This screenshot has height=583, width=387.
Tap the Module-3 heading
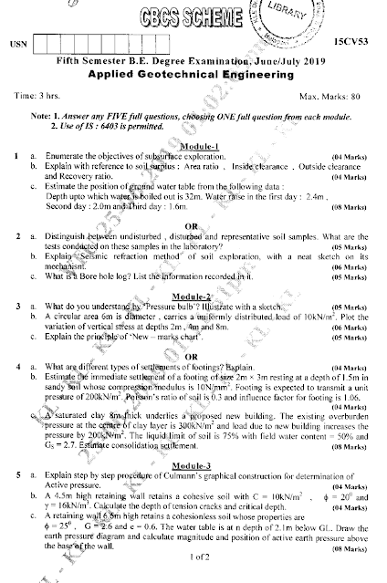point(197,465)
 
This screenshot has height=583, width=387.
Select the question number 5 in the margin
point(18,476)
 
